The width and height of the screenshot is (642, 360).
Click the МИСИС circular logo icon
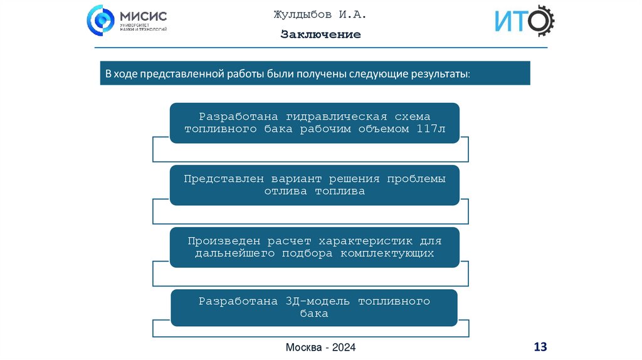[x=102, y=20]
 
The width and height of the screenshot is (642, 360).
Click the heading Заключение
[x=320, y=34]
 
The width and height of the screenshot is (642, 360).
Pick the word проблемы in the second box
[x=416, y=179]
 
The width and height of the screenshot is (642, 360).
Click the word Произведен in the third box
[x=225, y=241]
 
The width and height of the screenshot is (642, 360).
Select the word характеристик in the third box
[x=364, y=241]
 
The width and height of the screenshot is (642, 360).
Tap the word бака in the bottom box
[x=314, y=314]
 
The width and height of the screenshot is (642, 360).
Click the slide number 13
[x=540, y=346]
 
